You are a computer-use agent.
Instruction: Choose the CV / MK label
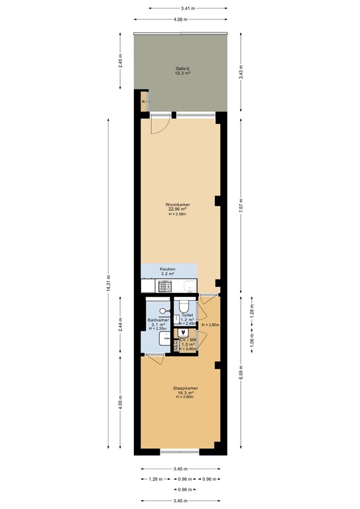point(189,339)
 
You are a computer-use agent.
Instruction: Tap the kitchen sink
point(188,286)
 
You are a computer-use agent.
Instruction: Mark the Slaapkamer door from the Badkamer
point(154,359)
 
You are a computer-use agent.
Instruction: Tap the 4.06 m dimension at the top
point(179,19)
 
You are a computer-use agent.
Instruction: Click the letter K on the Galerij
point(144,101)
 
